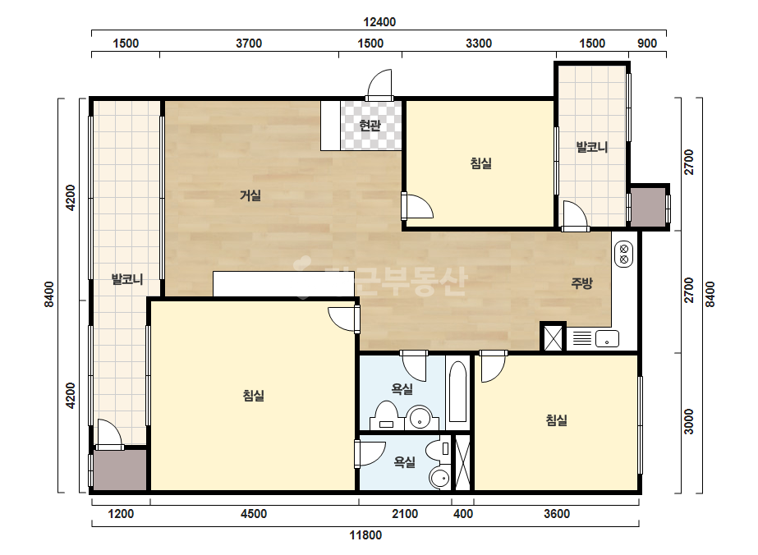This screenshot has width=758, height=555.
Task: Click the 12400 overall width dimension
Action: (x=379, y=22)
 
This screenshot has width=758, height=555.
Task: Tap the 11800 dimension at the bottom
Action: (x=365, y=535)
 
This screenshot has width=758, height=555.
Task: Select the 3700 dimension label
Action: (x=249, y=44)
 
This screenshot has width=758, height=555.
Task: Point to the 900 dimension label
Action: (x=647, y=44)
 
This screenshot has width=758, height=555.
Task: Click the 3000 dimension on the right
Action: (x=689, y=421)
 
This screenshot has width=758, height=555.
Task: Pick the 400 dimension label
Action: (x=463, y=514)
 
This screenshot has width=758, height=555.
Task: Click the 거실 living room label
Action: (x=250, y=195)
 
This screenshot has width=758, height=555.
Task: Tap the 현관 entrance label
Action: (x=370, y=126)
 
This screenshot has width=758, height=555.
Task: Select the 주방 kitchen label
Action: (x=581, y=282)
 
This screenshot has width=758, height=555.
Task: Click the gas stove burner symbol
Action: (x=623, y=255)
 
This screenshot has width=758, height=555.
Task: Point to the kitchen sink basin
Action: (x=607, y=339)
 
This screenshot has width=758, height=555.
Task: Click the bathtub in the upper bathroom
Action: (x=457, y=392)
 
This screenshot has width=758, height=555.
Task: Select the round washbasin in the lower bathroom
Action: (x=440, y=479)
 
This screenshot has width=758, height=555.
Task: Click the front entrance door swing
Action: (x=379, y=85)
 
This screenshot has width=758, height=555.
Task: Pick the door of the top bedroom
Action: (x=417, y=206)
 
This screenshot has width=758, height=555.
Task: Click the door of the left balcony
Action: (x=110, y=434)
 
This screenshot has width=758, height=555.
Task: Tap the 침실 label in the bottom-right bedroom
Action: (x=557, y=420)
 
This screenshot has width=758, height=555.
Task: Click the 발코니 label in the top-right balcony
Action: (x=592, y=147)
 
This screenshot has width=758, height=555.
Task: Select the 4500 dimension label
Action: (x=253, y=514)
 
